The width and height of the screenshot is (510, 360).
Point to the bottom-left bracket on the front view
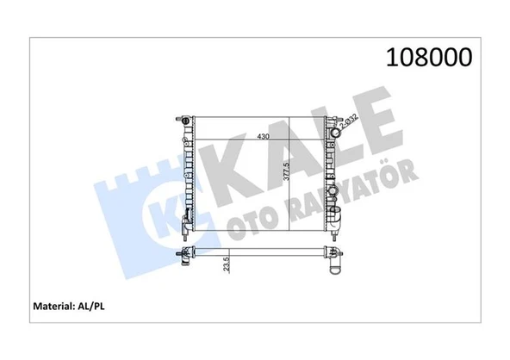coord(186,231)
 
